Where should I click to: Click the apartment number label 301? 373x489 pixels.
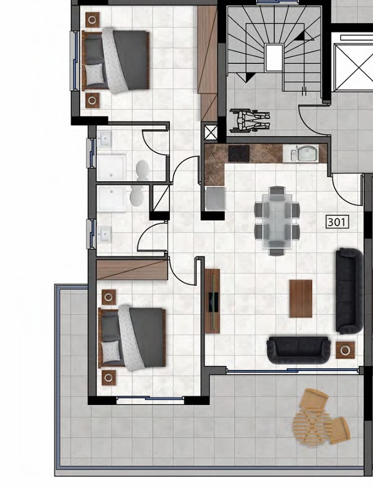(x=337, y=222)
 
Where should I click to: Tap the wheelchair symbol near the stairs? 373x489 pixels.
(x=250, y=120)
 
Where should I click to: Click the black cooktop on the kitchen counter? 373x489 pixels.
(x=239, y=153)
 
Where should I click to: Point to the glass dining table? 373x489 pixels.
(x=277, y=221)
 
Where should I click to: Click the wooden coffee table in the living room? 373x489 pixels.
(x=301, y=298)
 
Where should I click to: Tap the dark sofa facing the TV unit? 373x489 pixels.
(x=350, y=291)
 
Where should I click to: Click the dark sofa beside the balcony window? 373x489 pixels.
(x=298, y=350)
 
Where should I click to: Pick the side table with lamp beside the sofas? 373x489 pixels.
(x=345, y=350)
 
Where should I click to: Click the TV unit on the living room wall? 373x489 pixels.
(x=213, y=301)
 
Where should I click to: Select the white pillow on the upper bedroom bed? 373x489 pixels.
(x=94, y=74)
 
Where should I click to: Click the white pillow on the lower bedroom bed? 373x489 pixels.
(x=111, y=352)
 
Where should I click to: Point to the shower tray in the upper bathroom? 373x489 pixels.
(x=112, y=167)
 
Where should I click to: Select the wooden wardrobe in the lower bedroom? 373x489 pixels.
(x=132, y=270)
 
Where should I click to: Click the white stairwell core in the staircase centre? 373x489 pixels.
(x=274, y=58)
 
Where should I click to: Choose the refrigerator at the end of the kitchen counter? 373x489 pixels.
(x=214, y=199)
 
